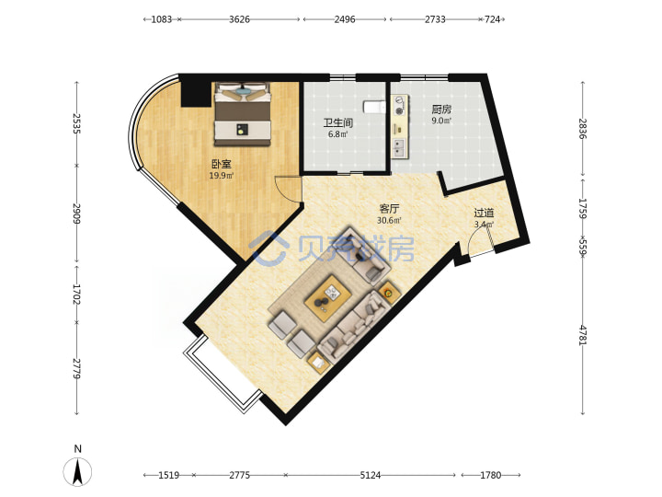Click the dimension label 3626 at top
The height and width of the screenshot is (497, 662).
click(x=239, y=19)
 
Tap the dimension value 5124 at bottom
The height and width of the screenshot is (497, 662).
click(x=371, y=475)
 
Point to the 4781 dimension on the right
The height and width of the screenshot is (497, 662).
click(x=583, y=335)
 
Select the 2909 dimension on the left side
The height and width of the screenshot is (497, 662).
click(x=76, y=214)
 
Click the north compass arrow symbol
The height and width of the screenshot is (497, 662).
click(x=77, y=471)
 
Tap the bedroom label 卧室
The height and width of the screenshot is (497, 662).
click(x=222, y=164)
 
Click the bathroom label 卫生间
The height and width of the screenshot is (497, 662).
click(x=337, y=123)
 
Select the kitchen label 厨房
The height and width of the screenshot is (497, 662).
click(x=441, y=110)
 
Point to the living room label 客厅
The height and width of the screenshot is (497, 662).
click(x=389, y=209)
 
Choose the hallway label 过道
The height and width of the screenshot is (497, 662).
click(x=484, y=213)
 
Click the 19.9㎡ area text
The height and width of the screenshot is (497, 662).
click(x=222, y=176)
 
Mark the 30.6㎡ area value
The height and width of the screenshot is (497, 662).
click(x=389, y=220)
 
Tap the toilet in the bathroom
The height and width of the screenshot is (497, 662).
click(x=374, y=108)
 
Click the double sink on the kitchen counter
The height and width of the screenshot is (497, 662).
click(x=399, y=148)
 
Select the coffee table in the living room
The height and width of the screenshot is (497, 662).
click(x=329, y=298)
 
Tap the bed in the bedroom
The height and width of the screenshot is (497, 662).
click(x=243, y=114)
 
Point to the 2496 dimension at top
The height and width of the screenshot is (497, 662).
click(x=345, y=19)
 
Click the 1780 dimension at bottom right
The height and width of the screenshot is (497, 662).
click(x=491, y=475)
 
